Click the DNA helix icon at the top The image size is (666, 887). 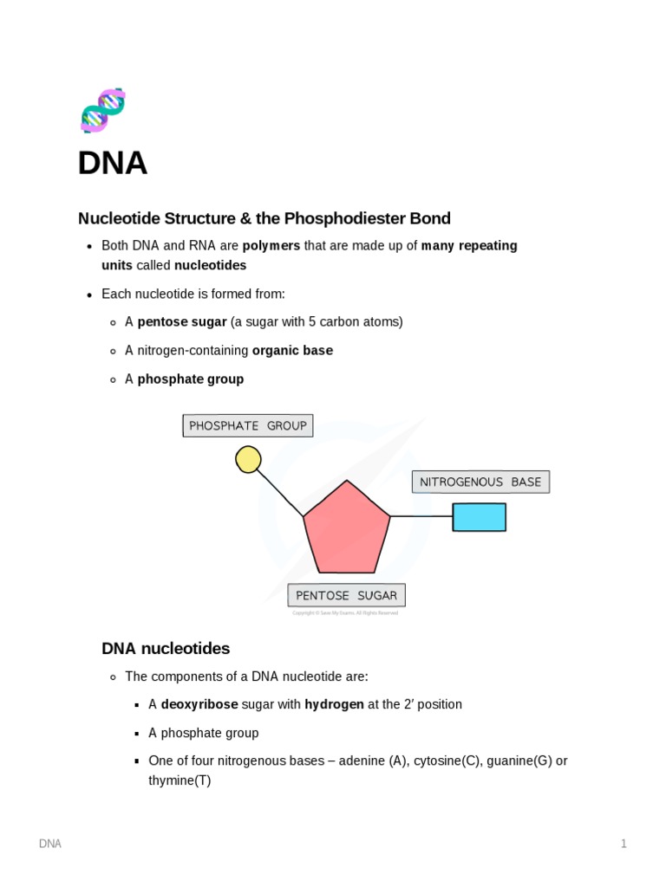point(103,110)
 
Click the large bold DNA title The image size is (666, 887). point(113,163)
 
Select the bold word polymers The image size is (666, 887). point(271,245)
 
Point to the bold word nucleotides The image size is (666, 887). point(210,265)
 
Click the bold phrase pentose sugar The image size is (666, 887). point(182,322)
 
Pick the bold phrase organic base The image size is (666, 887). point(292,351)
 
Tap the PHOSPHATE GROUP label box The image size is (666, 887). point(247,425)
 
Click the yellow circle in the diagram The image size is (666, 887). point(248,459)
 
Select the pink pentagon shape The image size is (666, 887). point(347,530)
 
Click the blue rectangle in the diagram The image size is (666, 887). point(479,517)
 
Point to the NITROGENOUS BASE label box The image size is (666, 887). point(480,482)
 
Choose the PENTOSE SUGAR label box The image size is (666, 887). point(346,595)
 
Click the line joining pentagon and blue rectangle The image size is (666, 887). point(421,516)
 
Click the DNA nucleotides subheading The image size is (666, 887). point(166,648)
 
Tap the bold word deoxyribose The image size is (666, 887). point(199,704)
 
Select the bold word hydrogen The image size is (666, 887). point(334,704)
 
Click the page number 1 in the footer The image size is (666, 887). point(624,844)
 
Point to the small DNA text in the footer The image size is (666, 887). point(50,844)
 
